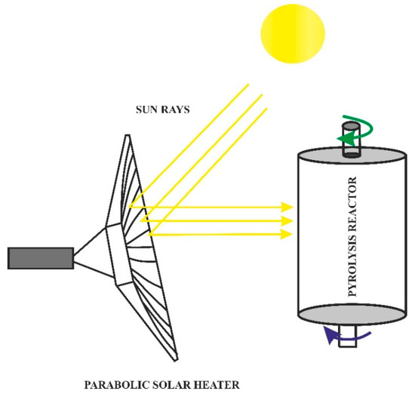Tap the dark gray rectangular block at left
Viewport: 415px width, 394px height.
coord(40,257)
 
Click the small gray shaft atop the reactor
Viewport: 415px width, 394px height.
coord(350,140)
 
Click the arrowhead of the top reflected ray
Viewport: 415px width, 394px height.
coord(287,206)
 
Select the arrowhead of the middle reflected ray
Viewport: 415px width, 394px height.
coord(287,220)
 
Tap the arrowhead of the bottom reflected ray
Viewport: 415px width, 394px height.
coord(287,234)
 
